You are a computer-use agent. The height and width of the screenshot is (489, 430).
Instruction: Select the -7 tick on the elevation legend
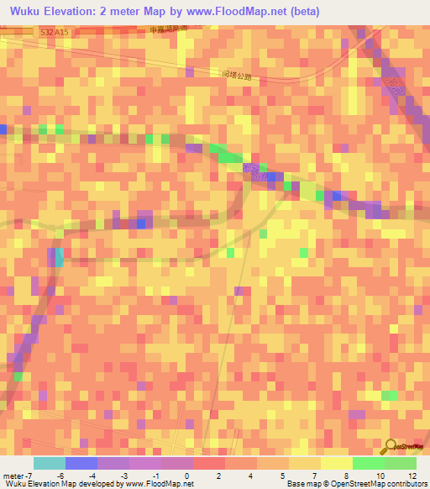[x=30, y=475]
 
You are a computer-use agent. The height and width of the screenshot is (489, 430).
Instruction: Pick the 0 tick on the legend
[x=186, y=475]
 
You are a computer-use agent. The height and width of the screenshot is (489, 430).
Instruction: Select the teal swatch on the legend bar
[x=50, y=463]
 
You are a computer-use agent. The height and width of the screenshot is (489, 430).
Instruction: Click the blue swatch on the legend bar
[x=81, y=463]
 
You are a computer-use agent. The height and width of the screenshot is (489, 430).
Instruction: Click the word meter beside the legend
[x=12, y=475]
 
